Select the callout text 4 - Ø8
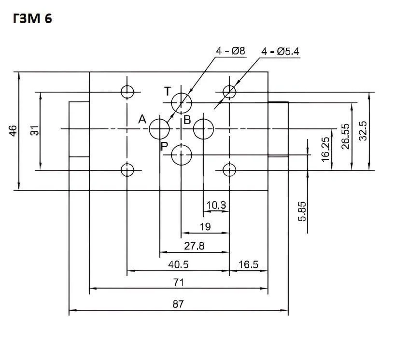pos(231,50)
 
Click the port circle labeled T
pos(182,102)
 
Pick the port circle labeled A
pos(159,128)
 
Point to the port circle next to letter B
pos(204,128)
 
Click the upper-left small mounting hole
pos(127,91)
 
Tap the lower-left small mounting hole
pos(127,169)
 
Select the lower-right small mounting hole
pos(229,169)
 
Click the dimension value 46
pos(13,130)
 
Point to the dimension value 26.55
pos(345,136)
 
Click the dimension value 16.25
pos(325,149)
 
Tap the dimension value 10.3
pos(216,205)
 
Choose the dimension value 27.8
pos(194,246)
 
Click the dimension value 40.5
pos(178,264)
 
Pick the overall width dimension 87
pos(178,304)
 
